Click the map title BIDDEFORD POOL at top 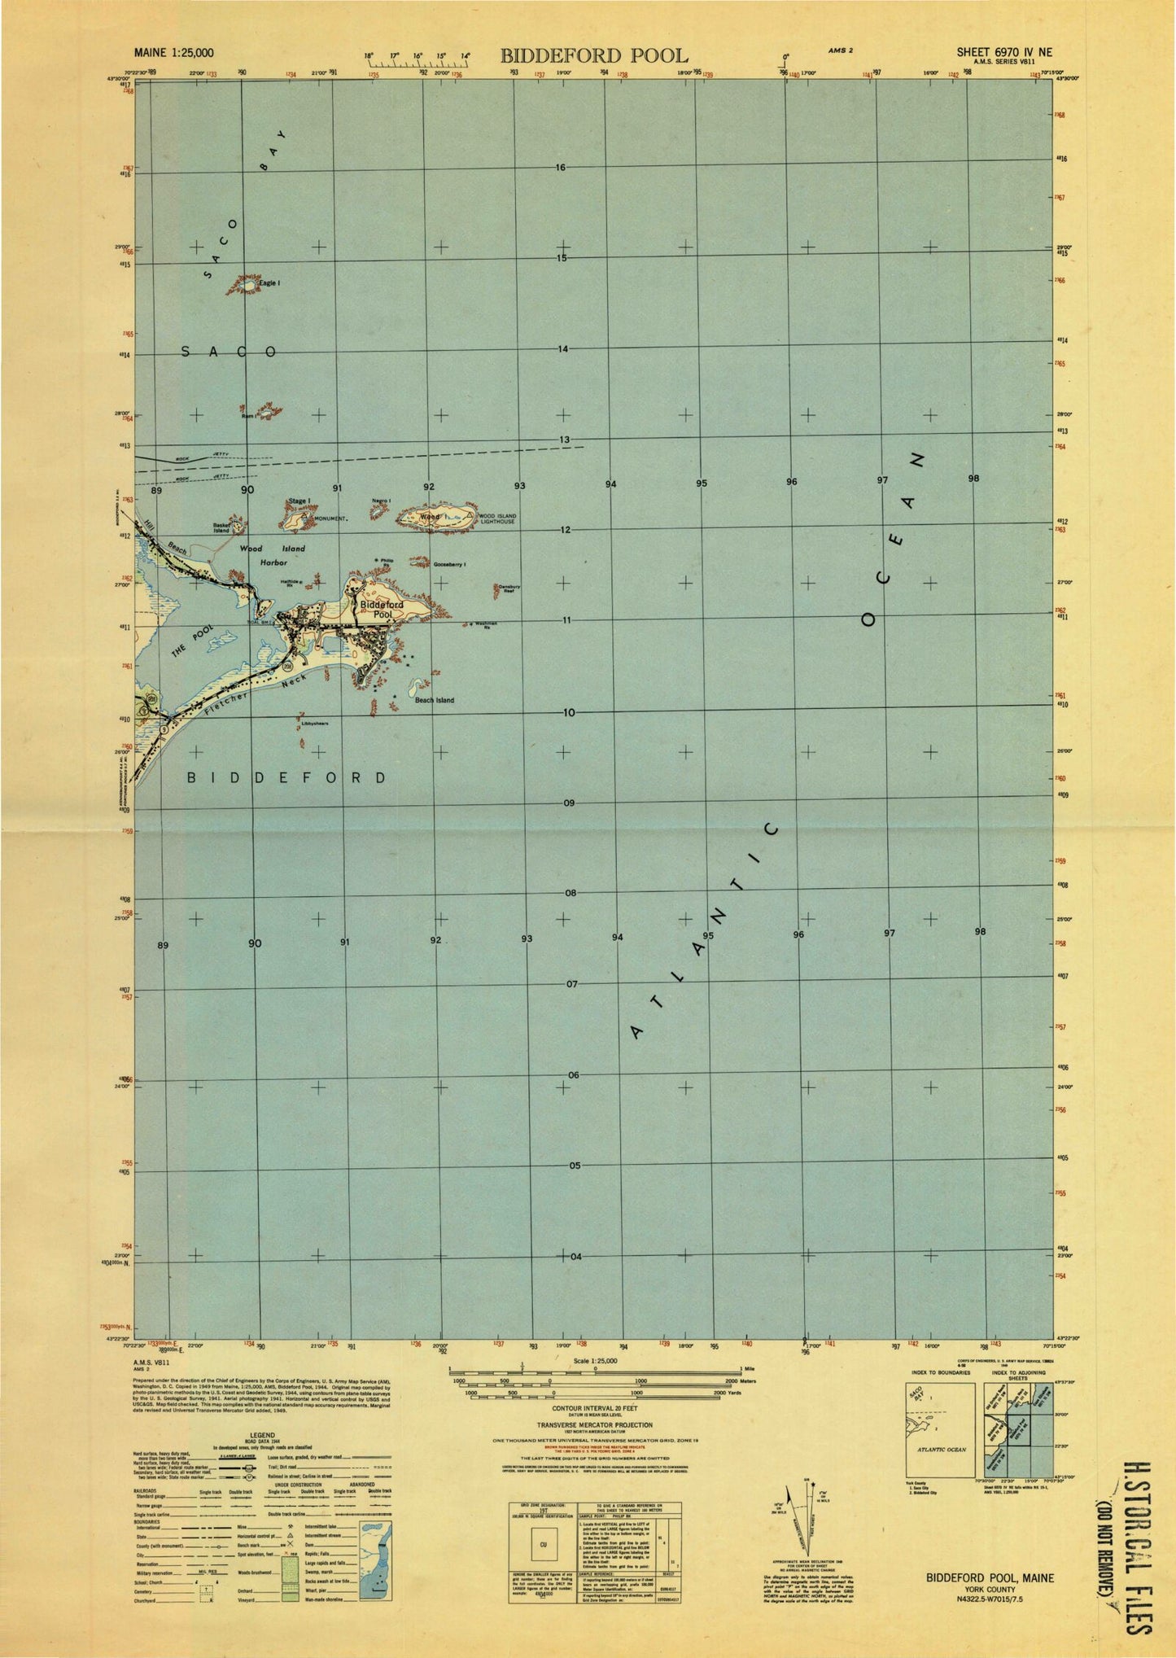pos(593,55)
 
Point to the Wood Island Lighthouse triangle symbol pos(470,514)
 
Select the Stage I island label pos(299,501)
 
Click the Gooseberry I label pos(449,564)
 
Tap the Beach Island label pos(435,700)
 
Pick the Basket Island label pos(221,527)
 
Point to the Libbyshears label pos(315,723)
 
